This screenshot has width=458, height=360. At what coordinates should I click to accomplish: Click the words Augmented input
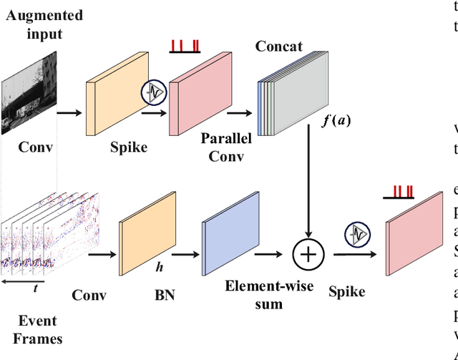pyautogui.click(x=44, y=24)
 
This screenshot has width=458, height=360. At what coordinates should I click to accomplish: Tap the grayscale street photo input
pyautogui.click(x=29, y=97)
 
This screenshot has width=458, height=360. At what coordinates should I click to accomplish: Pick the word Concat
pyautogui.click(x=278, y=47)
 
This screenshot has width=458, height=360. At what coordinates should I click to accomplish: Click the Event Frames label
pyautogui.click(x=35, y=330)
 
